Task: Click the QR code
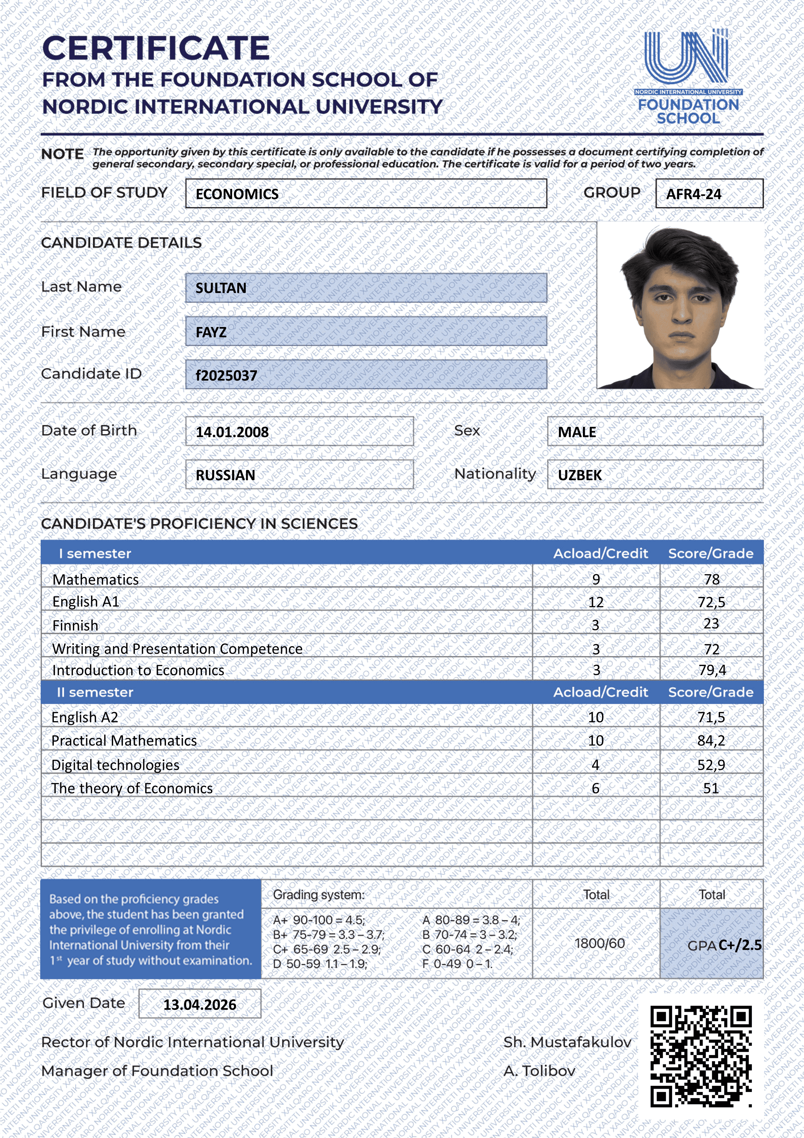[x=701, y=1056]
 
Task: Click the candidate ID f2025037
[x=226, y=376]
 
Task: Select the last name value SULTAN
[x=221, y=288]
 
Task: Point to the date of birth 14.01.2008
[x=232, y=432]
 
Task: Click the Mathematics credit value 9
[x=596, y=579]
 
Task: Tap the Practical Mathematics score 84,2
[x=711, y=741]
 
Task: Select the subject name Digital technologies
[x=115, y=765]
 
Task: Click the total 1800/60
[x=599, y=943]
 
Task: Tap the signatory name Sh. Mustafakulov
[x=567, y=1042]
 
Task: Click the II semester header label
[x=95, y=692]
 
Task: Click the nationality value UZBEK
[x=580, y=475]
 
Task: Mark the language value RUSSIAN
[x=225, y=475]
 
